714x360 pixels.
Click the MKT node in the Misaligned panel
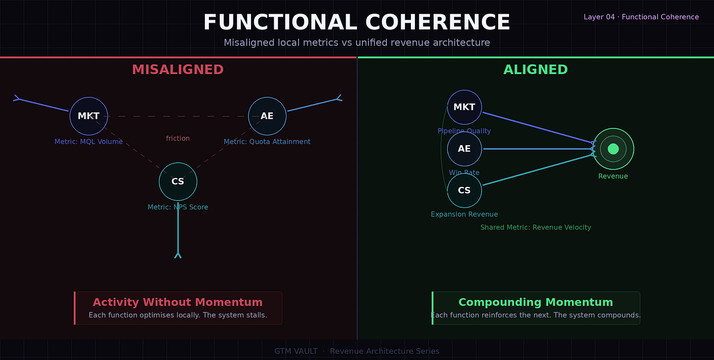tap(89, 116)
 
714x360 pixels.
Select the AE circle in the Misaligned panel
tap(267, 116)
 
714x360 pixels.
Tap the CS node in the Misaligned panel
tap(178, 181)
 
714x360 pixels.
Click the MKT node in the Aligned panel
tap(464, 107)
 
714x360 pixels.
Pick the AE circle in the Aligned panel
tap(464, 149)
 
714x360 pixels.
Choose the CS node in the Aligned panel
tap(464, 190)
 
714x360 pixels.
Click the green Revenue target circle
tap(613, 149)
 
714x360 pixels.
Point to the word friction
tap(178, 138)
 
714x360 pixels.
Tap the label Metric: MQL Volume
tap(89, 142)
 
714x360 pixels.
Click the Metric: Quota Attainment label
tap(267, 142)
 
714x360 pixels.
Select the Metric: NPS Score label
tap(178, 207)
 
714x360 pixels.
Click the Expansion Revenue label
tap(464, 214)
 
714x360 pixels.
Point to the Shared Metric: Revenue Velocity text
tap(535, 228)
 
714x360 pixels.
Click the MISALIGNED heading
tap(178, 70)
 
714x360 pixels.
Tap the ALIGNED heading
tap(535, 70)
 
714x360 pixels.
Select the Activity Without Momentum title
tap(178, 302)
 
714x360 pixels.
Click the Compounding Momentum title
tap(535, 302)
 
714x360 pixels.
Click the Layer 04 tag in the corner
tap(641, 17)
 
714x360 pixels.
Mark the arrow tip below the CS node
tap(178, 255)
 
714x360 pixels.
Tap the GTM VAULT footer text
tap(296, 351)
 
